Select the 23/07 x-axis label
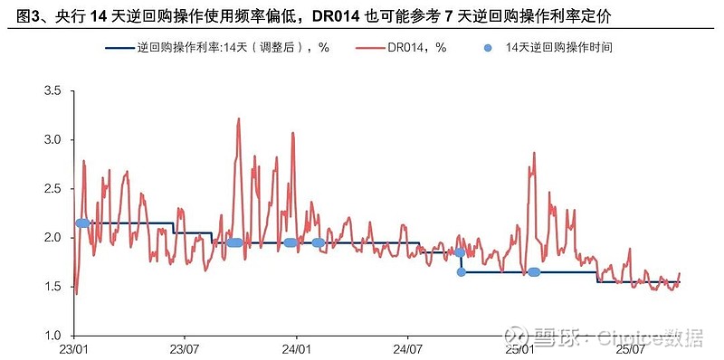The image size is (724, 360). click(x=184, y=347)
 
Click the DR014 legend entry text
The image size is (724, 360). click(x=418, y=46)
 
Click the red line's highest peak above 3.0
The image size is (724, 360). click(x=238, y=118)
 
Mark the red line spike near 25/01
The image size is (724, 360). click(x=534, y=153)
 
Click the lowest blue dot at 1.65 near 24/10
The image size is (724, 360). click(x=461, y=271)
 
